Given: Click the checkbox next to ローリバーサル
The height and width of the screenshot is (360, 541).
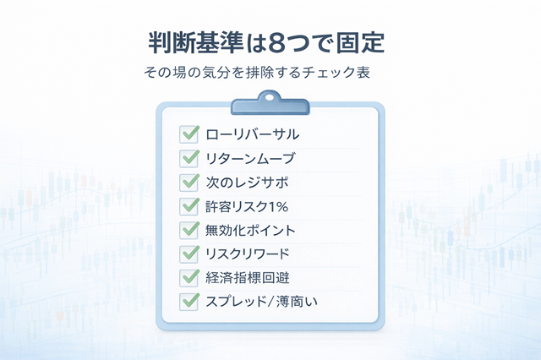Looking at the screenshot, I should [189, 134].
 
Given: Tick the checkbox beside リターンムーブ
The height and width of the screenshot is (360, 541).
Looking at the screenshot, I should [189, 157].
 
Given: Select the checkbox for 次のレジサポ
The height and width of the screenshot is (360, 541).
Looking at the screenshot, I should [189, 181].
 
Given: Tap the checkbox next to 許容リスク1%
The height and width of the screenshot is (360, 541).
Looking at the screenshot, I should [189, 205].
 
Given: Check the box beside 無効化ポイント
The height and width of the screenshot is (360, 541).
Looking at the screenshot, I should [189, 229].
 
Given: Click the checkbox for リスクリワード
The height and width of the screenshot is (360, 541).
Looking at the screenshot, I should [189, 253].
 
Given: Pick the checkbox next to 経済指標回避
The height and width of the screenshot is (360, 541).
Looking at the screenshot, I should [189, 276].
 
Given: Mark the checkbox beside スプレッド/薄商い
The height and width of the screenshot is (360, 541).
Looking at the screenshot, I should [189, 301].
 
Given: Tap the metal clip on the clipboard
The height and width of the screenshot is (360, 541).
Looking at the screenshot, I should [270, 105].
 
